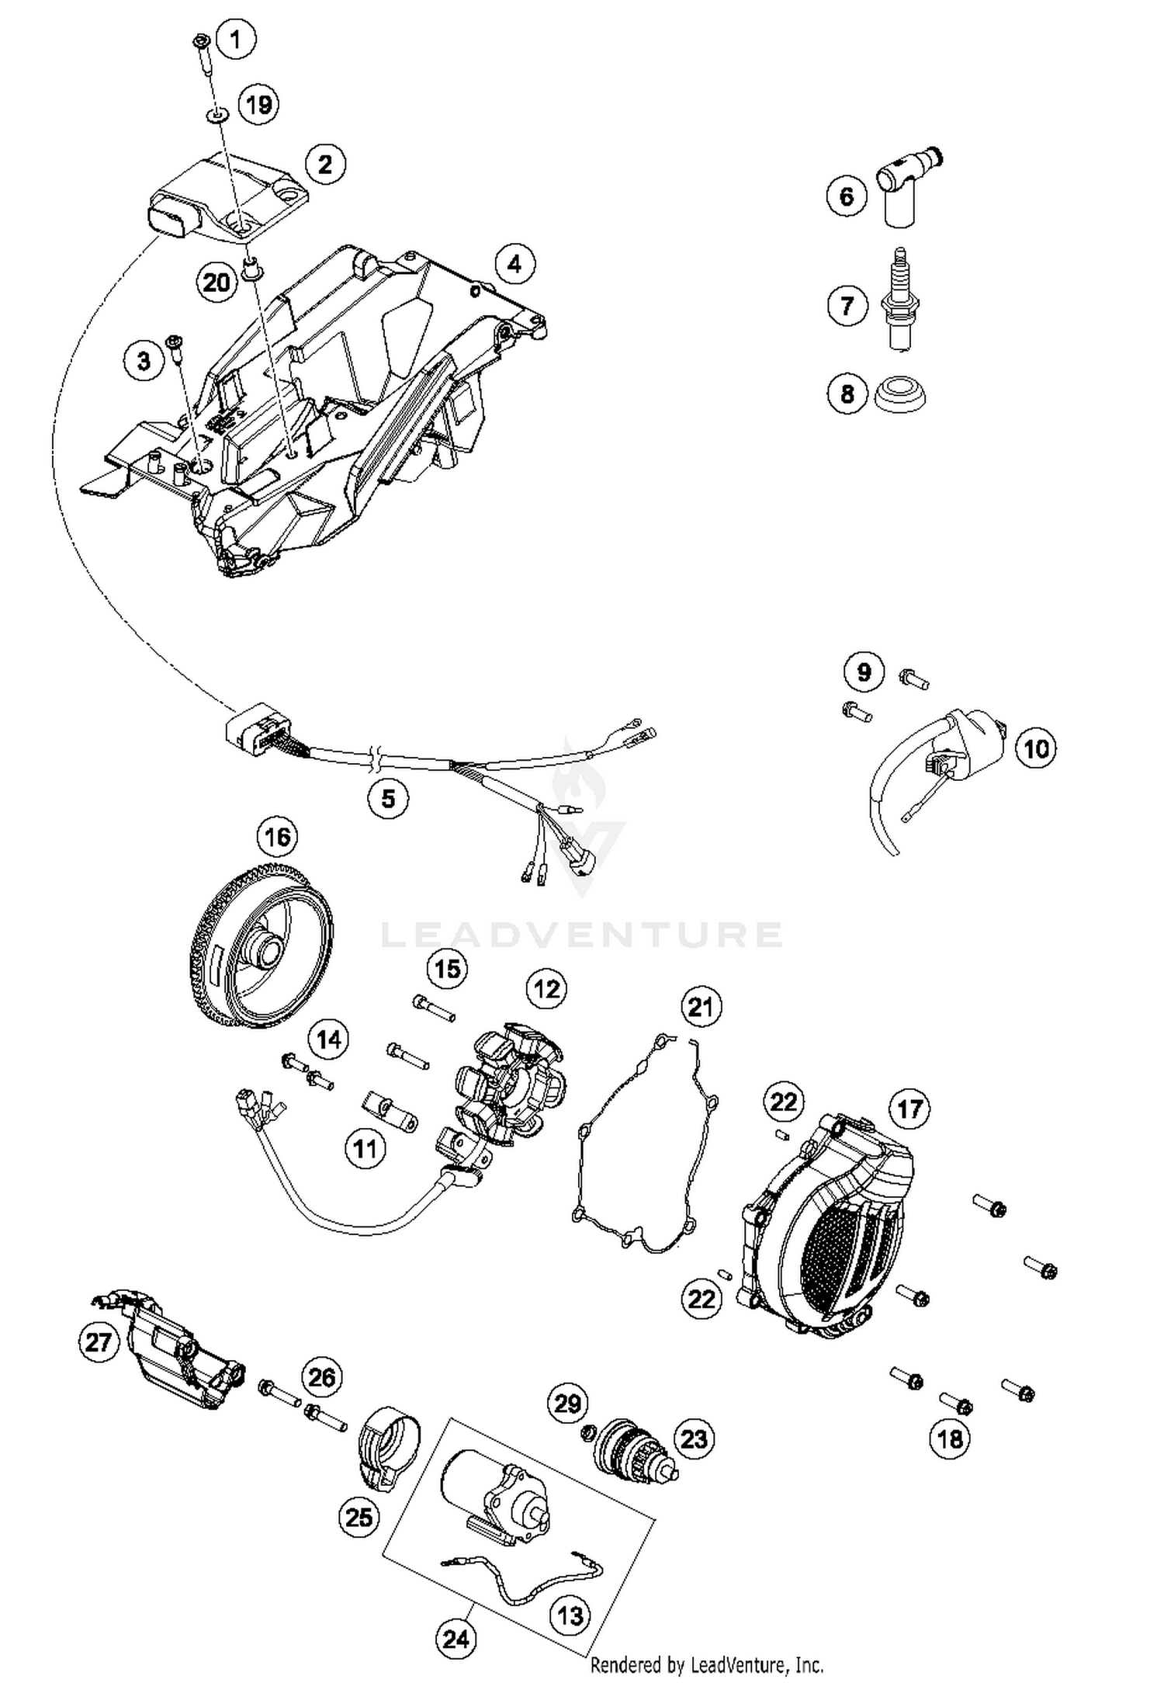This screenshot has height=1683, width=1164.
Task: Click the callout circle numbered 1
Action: tap(236, 38)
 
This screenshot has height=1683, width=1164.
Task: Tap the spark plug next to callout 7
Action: tap(901, 303)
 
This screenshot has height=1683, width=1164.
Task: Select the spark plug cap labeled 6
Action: tap(905, 186)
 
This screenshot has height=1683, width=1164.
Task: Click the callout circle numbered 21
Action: tap(701, 1008)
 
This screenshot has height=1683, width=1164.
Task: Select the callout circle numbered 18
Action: tap(950, 1438)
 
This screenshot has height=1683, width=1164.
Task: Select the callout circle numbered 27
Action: tap(99, 1341)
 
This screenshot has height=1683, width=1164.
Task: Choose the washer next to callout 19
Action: tap(217, 116)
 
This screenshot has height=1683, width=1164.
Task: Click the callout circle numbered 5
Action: tap(388, 797)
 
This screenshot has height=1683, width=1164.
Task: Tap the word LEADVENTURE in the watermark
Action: tap(582, 935)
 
